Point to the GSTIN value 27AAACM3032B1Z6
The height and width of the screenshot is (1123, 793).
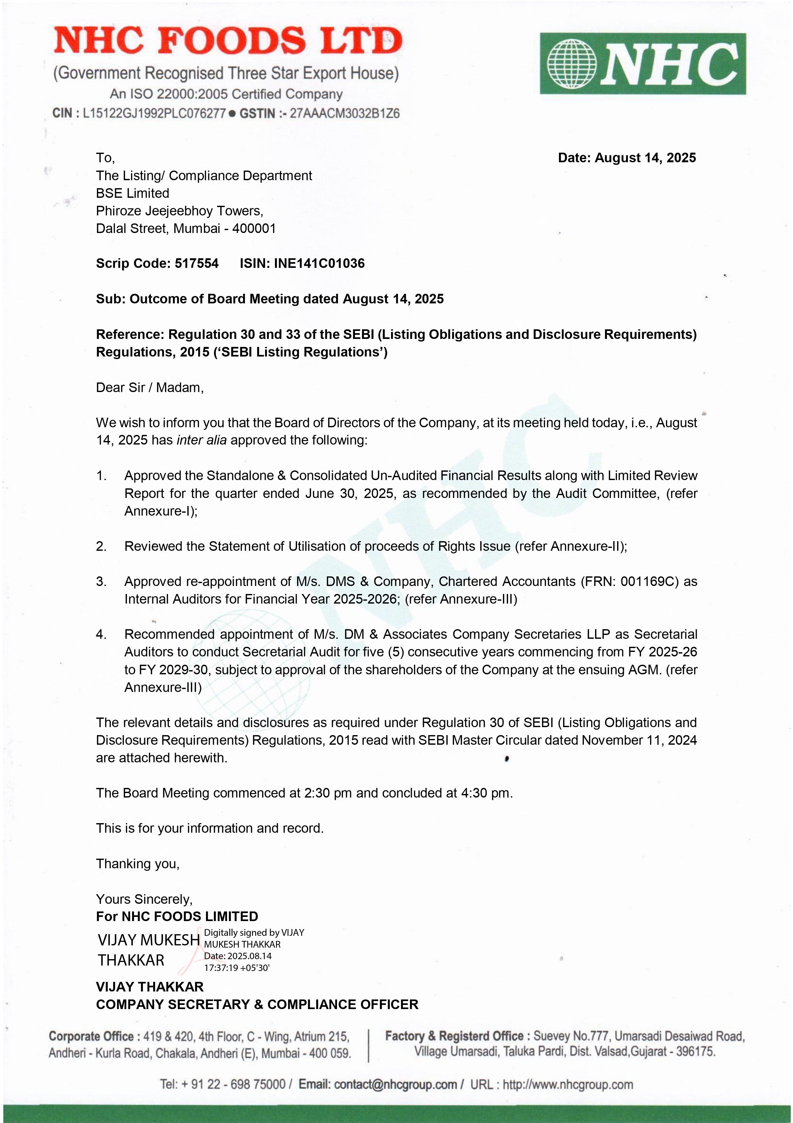coord(344,114)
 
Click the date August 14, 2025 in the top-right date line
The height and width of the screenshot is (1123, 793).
coord(645,158)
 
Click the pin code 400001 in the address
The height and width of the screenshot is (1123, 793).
coord(254,229)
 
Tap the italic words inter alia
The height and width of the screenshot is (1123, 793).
coord(201,440)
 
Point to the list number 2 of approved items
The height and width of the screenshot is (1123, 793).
coord(101,546)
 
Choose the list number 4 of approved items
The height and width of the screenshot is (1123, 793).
coord(101,634)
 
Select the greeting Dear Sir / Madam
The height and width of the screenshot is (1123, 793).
coord(150,388)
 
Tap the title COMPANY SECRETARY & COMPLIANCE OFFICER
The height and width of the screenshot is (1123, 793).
coord(257,1004)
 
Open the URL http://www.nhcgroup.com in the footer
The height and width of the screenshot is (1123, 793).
coord(568,1084)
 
